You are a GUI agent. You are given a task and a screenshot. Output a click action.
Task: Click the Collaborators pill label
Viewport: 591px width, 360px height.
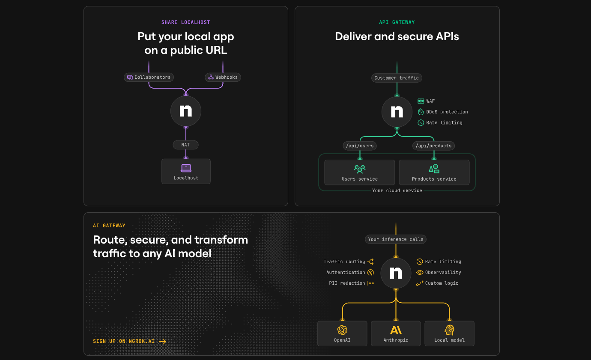149,77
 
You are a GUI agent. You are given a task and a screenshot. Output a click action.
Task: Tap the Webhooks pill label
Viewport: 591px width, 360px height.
223,77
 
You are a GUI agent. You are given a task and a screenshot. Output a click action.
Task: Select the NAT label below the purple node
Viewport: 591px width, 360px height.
185,145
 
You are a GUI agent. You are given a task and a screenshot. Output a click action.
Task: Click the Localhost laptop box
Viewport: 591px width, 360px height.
186,172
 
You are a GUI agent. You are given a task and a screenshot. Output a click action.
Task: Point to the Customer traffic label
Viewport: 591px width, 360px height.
397,78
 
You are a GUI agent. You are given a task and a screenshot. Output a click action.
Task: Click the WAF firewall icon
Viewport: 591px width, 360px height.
421,101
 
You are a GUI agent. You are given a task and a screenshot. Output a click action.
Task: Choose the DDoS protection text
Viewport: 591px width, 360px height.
447,112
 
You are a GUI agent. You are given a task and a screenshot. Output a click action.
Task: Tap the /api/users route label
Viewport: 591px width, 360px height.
360,146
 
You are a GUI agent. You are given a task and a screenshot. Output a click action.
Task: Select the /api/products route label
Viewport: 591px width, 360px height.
433,146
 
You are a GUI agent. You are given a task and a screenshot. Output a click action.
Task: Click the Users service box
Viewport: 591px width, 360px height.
360,173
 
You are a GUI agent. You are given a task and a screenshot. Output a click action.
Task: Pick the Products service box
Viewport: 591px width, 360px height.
434,173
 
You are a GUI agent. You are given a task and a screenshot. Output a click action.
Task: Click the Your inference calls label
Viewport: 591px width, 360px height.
396,239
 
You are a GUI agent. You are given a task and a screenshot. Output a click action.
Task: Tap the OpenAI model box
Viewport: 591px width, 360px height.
342,333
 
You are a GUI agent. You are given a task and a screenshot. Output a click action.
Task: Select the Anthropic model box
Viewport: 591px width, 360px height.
396,333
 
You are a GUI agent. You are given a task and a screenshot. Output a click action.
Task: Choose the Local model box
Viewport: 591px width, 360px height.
449,333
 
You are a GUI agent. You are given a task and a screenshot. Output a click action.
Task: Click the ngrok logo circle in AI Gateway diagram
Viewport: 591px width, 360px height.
396,273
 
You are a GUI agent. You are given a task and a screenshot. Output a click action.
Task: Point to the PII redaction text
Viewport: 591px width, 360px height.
347,283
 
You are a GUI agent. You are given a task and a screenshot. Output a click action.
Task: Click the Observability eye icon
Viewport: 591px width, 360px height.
420,272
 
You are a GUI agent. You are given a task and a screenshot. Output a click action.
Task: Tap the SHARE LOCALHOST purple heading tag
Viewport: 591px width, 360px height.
186,22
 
